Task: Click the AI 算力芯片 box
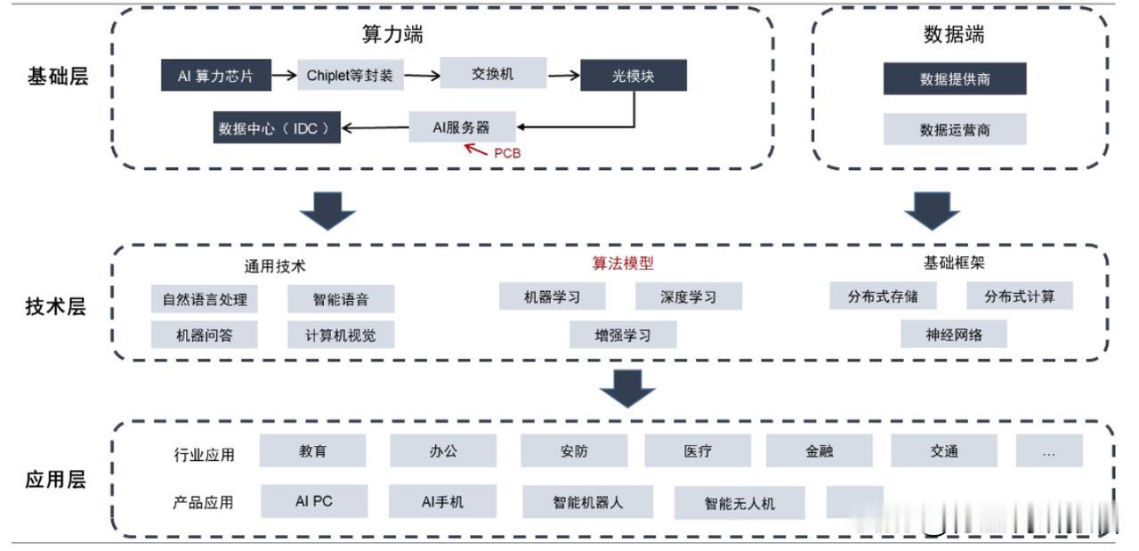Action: (x=215, y=76)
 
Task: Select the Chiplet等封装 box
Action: (x=350, y=76)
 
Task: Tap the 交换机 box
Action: (x=493, y=74)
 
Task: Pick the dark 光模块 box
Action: (x=634, y=76)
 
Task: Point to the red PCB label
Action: (x=507, y=153)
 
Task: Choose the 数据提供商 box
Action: (x=955, y=79)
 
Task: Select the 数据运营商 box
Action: (x=955, y=130)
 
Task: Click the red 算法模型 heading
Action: (x=624, y=263)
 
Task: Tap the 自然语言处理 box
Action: (x=205, y=299)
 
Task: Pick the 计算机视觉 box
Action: (x=341, y=335)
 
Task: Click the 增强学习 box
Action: (x=623, y=335)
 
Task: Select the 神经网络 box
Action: (x=954, y=334)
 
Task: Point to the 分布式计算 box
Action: (x=1019, y=296)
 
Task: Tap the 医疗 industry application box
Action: (x=698, y=451)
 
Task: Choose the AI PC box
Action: (x=314, y=501)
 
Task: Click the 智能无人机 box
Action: (x=739, y=503)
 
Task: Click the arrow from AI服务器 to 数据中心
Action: (x=375, y=128)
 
